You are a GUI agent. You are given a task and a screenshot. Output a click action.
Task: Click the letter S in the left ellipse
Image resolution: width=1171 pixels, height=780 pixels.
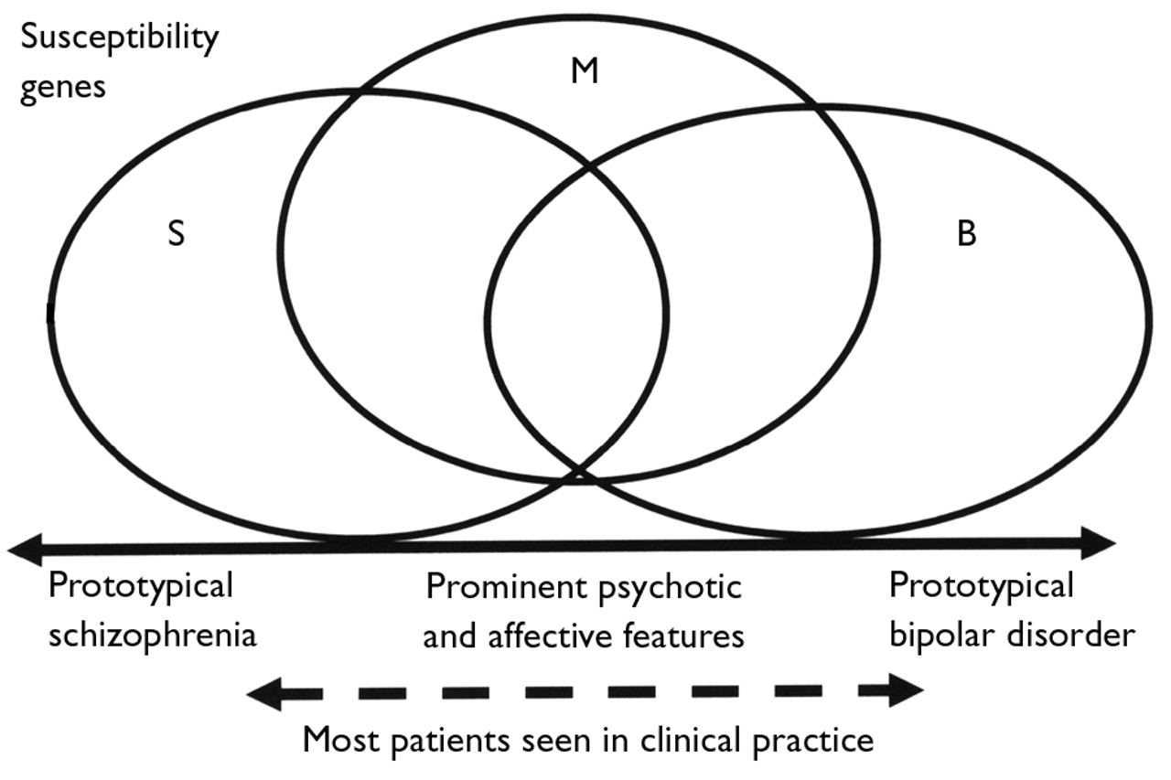tap(177, 233)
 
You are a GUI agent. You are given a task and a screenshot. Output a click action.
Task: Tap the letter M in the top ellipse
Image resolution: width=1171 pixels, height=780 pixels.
tap(585, 70)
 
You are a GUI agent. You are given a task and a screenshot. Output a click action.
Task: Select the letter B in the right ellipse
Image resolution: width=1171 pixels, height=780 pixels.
tap(966, 234)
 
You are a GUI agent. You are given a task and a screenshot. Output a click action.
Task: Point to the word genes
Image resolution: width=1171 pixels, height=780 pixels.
tap(63, 90)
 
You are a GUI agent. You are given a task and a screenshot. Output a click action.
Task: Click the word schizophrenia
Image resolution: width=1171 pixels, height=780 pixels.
tap(153, 635)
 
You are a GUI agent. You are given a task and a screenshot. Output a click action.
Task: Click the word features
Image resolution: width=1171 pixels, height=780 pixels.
tap(685, 635)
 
